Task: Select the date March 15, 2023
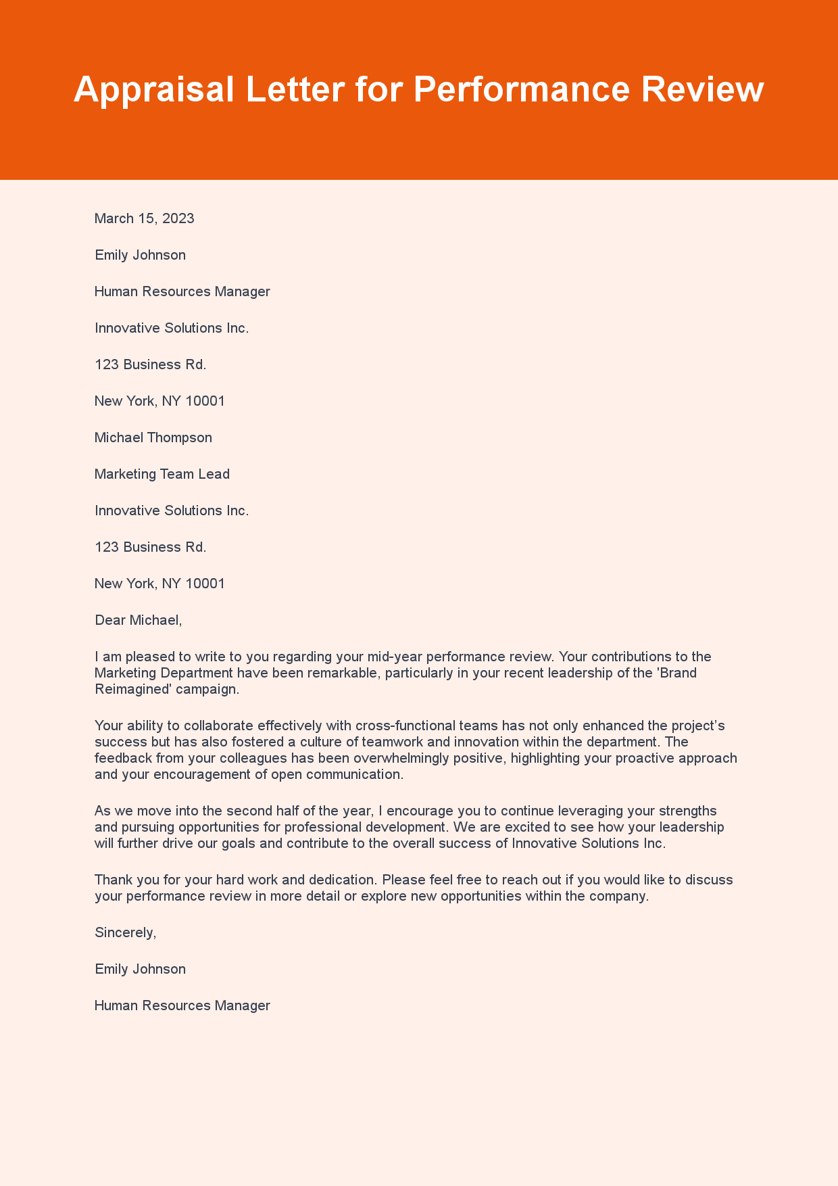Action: coord(144,218)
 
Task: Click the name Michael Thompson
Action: coord(153,437)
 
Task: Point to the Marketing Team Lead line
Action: coord(162,474)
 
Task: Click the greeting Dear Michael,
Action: coord(138,620)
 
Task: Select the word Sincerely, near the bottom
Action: coord(125,932)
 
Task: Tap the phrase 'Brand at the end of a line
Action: coord(678,673)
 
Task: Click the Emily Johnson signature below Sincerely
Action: coord(140,969)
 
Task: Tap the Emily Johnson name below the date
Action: coord(140,255)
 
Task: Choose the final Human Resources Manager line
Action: coord(182,1005)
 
